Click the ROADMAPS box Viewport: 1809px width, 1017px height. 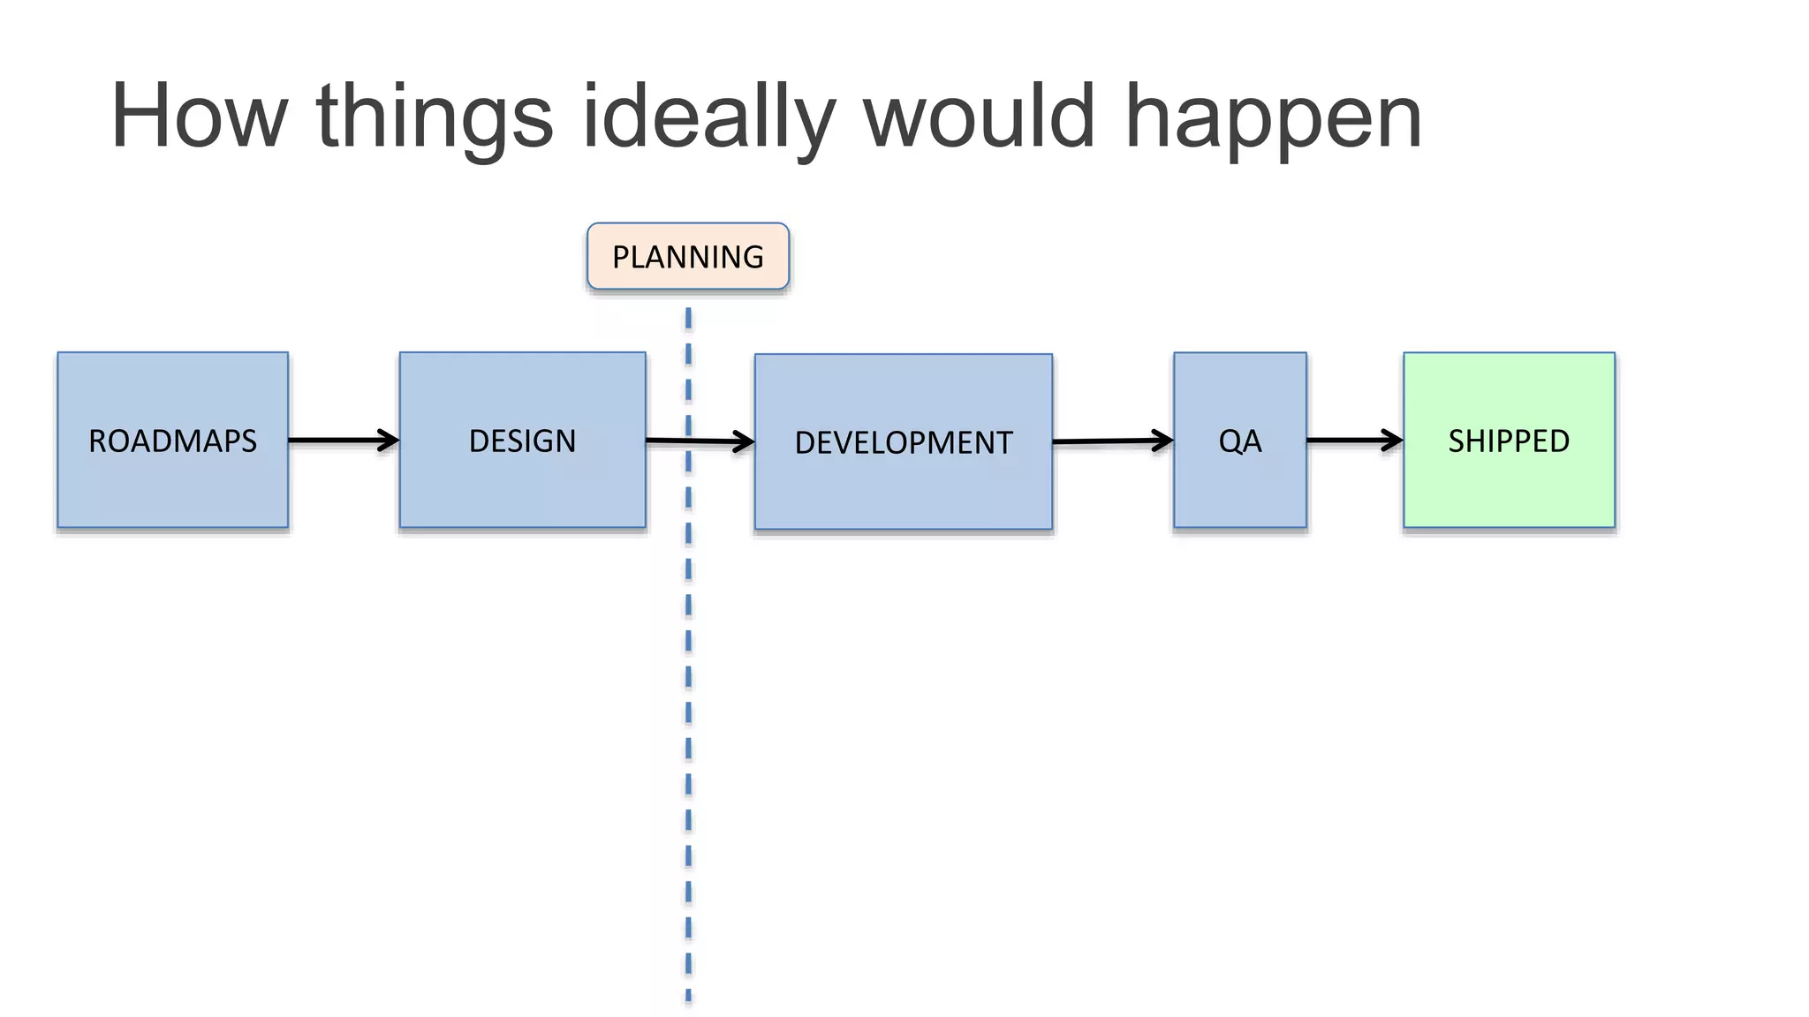point(172,440)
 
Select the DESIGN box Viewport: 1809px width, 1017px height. point(522,440)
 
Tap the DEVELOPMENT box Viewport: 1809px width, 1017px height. point(903,441)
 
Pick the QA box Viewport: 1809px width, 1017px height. point(1239,440)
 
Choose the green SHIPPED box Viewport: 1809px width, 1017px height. point(1509,440)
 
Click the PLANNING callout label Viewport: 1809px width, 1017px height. point(687,256)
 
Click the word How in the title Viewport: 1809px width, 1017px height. point(199,116)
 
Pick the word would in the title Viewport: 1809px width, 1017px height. point(979,116)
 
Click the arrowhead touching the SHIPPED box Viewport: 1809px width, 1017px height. point(1394,440)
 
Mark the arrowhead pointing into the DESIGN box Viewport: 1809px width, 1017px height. point(390,440)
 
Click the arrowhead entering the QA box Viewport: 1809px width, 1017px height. point(1163,440)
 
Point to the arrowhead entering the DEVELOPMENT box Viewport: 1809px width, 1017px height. point(745,441)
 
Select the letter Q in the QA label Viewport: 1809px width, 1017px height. point(1229,440)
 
